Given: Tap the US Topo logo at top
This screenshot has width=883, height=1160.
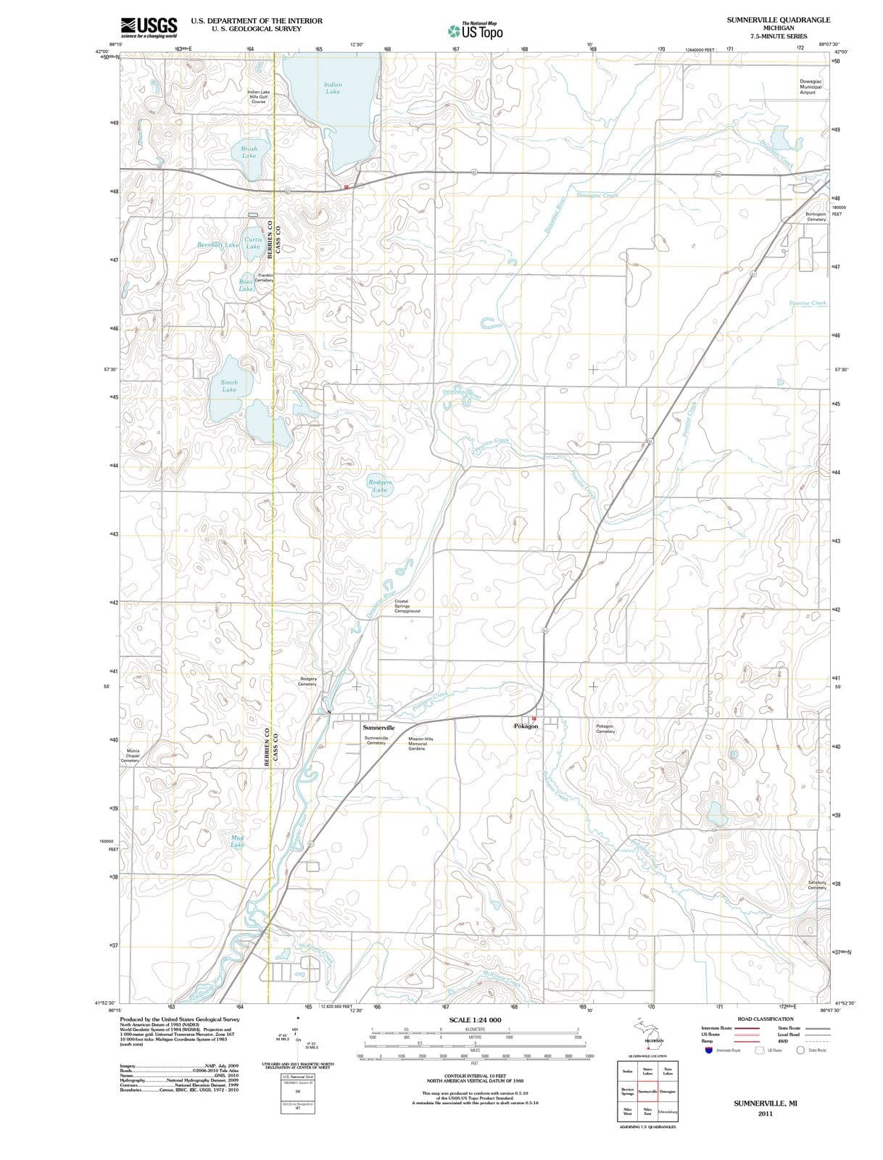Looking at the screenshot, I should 476,30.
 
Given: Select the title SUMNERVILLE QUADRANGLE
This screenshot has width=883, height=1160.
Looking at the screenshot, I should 779,20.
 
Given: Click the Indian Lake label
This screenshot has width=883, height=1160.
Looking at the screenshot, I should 333,88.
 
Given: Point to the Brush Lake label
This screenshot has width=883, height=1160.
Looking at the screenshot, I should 249,152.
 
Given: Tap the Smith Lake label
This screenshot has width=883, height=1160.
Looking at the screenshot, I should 229,386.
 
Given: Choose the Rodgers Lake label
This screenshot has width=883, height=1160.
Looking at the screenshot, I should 380,486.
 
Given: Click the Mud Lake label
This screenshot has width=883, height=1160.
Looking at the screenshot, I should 237,841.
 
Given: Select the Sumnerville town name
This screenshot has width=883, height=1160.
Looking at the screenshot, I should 378,726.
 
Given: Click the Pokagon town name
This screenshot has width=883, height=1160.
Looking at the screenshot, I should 526,726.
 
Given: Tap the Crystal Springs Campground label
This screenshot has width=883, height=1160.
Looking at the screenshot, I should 407,606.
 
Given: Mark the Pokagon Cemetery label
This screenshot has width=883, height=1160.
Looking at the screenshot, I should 605,729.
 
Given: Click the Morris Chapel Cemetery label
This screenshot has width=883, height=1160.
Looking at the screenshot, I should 133,755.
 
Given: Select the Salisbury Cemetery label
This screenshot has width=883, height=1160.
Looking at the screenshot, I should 816,885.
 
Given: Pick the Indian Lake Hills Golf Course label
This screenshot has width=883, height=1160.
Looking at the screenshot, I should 258,96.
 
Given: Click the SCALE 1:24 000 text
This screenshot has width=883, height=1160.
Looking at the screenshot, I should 475,1020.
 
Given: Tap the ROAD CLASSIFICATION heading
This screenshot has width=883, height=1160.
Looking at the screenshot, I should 765,1019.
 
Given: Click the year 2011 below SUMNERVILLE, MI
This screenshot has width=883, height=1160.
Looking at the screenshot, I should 765,1114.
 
